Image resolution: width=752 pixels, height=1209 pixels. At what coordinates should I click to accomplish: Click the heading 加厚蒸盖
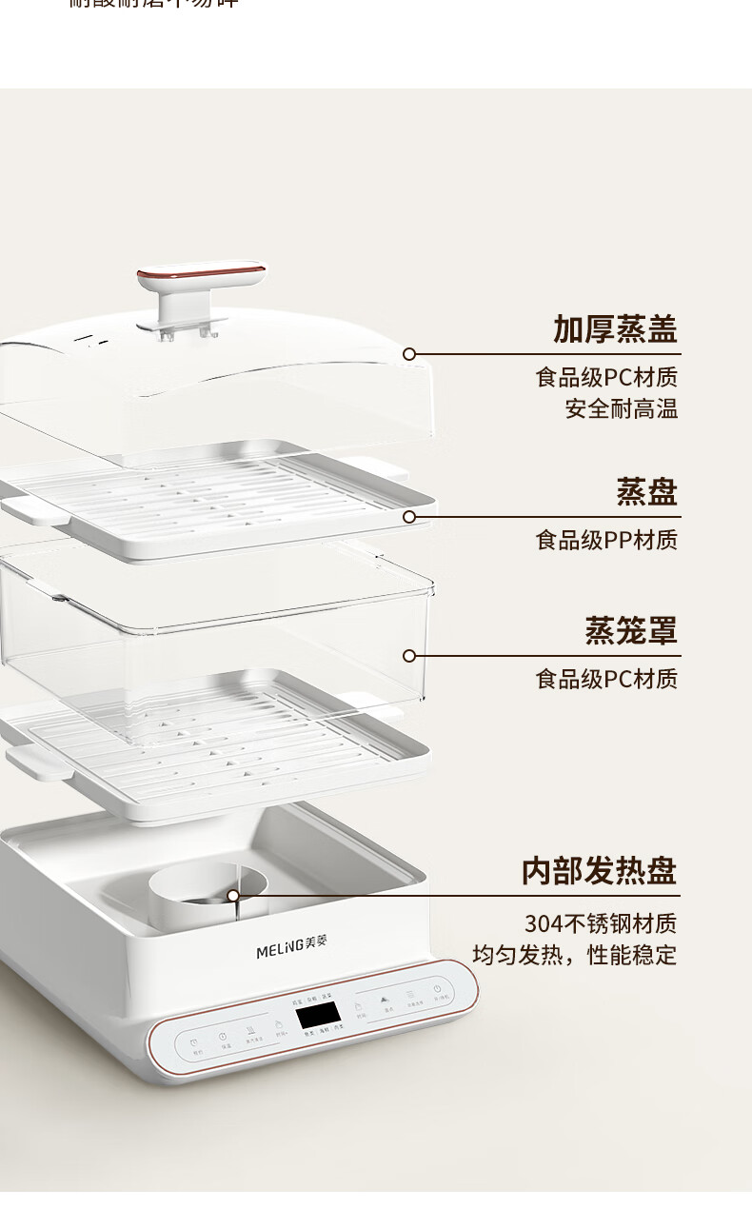click(x=615, y=329)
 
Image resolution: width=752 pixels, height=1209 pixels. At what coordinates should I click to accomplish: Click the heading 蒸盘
click(x=646, y=492)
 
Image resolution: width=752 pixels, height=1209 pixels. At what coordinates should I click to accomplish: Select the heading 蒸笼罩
click(x=631, y=630)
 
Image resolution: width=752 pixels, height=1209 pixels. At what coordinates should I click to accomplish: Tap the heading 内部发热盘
click(x=599, y=870)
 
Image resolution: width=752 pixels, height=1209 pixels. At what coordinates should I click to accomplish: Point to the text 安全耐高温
click(x=622, y=409)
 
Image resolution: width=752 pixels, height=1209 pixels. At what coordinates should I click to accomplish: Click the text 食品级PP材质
click(x=606, y=541)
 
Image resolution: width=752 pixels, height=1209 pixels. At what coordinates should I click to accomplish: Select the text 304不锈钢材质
click(x=601, y=923)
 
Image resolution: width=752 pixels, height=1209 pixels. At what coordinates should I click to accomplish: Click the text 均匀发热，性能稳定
click(x=575, y=955)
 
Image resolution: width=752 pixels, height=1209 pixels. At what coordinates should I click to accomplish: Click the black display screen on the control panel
click(x=319, y=1016)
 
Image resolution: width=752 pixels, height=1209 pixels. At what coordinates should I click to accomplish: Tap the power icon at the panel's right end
click(x=436, y=990)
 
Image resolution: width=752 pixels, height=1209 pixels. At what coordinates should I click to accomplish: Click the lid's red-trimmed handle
click(x=201, y=277)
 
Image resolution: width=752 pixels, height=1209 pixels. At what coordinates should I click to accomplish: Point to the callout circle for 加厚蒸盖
click(x=409, y=354)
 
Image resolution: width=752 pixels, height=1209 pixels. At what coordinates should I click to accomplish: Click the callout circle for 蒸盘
click(x=409, y=517)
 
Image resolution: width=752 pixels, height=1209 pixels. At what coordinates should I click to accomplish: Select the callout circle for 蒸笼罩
click(x=409, y=656)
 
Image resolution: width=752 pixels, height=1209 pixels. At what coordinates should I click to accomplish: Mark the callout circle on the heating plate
click(x=233, y=896)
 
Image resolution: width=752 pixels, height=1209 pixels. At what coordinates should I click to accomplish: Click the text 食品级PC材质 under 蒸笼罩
click(x=606, y=680)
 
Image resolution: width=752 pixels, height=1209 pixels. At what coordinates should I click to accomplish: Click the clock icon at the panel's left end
click(x=194, y=1044)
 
